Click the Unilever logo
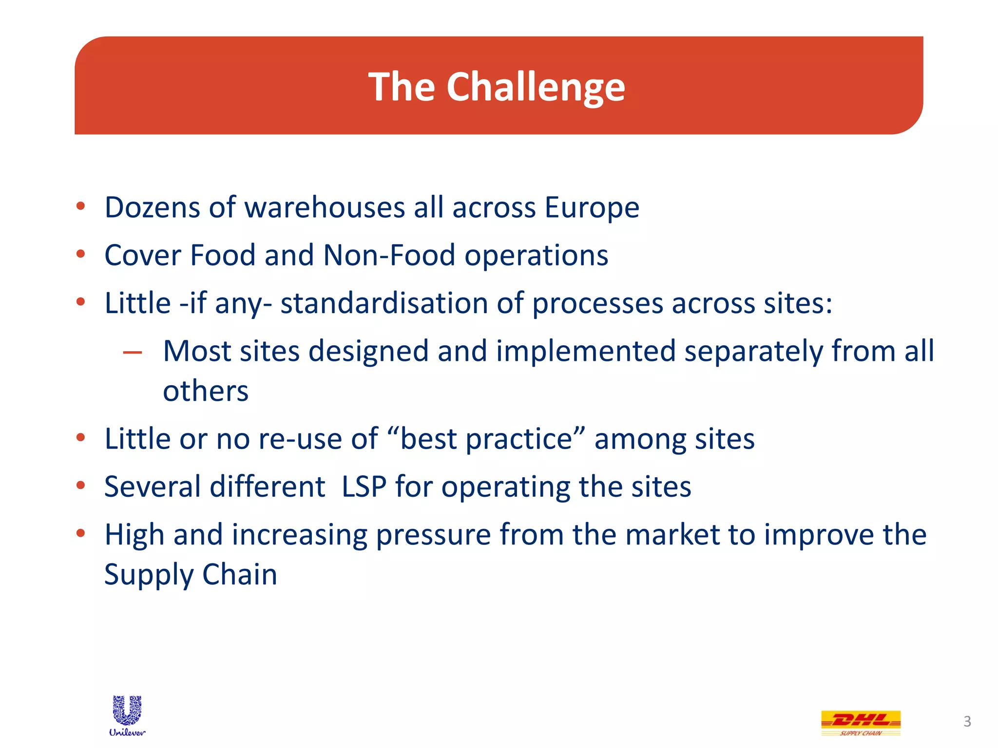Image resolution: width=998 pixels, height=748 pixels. [127, 715]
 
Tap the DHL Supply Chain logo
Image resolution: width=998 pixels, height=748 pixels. [861, 722]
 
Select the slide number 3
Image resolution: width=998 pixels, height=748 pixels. [967, 721]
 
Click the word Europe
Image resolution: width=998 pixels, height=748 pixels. [592, 207]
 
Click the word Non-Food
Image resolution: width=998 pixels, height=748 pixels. [389, 255]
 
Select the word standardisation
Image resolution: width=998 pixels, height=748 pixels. [384, 303]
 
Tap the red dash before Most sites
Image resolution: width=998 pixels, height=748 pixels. [133, 352]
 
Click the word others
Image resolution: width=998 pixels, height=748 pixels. [205, 391]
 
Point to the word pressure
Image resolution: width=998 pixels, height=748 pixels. [433, 535]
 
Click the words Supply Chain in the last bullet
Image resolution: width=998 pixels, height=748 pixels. [191, 574]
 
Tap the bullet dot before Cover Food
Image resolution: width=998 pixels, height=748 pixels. [81, 254]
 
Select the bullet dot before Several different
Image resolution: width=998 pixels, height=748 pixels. [81, 485]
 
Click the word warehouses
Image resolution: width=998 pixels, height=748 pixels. [324, 207]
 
